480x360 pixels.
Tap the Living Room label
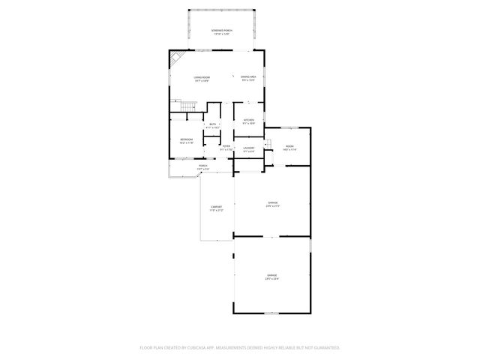click(201, 79)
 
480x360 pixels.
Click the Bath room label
click(213, 126)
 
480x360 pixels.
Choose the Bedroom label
click(186, 141)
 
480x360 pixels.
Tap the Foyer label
click(226, 148)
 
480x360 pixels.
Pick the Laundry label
click(248, 149)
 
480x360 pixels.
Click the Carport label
click(216, 209)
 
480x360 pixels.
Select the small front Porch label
click(202, 167)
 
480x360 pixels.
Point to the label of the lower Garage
click(271, 277)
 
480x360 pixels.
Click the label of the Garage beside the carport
click(272, 204)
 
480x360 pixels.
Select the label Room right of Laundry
click(289, 148)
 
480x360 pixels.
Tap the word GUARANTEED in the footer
click(323, 347)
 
